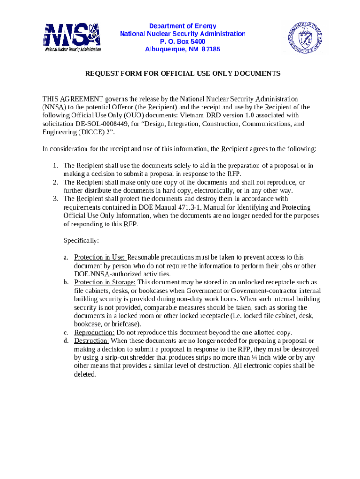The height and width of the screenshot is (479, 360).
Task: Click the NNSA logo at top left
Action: [72, 37]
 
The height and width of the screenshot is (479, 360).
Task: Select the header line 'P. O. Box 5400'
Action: [182, 42]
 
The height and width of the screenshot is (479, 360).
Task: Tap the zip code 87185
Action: [211, 50]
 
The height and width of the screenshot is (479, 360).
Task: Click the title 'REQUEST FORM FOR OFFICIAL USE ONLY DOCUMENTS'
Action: [182, 73]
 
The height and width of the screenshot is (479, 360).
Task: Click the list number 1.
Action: [55, 166]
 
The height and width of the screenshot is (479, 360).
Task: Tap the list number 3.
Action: [55, 199]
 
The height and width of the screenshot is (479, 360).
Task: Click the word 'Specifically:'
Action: [81, 240]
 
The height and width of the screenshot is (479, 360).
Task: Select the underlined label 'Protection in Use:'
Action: [100, 257]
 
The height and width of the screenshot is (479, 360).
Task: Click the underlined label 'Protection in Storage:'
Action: [105, 283]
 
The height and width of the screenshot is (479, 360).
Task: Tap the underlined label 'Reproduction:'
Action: [94, 333]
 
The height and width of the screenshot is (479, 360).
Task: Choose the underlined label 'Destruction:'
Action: [92, 341]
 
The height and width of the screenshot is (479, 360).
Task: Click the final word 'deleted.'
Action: [85, 374]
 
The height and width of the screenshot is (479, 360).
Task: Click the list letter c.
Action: [66, 333]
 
